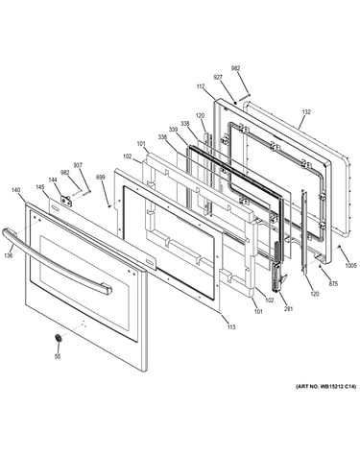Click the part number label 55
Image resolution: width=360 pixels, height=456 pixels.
(58, 357)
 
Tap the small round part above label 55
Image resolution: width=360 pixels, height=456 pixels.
(59, 338)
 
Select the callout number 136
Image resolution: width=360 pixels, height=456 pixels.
(9, 255)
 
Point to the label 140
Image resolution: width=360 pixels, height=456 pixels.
(15, 190)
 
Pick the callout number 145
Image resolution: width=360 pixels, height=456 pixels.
(40, 187)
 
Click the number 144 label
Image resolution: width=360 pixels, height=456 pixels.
(53, 180)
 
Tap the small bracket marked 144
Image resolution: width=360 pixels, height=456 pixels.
(66, 201)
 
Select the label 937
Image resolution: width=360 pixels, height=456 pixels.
(78, 165)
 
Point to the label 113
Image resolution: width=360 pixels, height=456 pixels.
(231, 327)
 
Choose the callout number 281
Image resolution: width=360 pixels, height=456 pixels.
(289, 309)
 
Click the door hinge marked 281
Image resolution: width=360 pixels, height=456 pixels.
(277, 267)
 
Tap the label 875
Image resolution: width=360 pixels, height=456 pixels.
(333, 283)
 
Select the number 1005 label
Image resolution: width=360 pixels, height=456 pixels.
(350, 265)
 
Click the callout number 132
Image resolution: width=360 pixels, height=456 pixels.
(306, 112)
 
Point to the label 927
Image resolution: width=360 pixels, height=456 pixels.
(218, 77)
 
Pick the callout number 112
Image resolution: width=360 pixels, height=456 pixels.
(201, 86)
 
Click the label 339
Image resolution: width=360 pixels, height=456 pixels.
(173, 130)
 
